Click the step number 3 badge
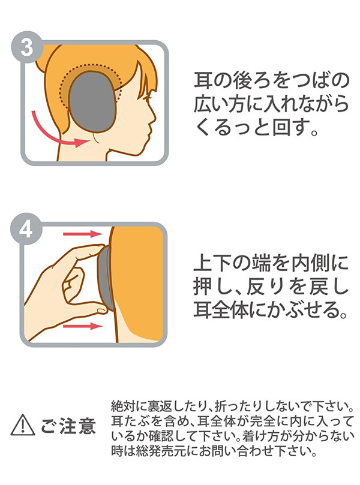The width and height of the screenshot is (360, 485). [x=27, y=47]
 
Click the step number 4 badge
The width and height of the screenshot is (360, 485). [x=26, y=229]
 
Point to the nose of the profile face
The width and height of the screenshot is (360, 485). [x=152, y=117]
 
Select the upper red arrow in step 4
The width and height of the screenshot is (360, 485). [x=82, y=234]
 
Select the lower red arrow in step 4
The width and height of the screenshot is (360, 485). [x=83, y=326]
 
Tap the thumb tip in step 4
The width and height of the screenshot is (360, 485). [x=101, y=308]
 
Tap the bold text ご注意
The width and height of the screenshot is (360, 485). [x=68, y=426]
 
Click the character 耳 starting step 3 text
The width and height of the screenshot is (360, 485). [x=203, y=80]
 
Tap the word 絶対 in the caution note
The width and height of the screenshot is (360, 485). [x=121, y=406]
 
